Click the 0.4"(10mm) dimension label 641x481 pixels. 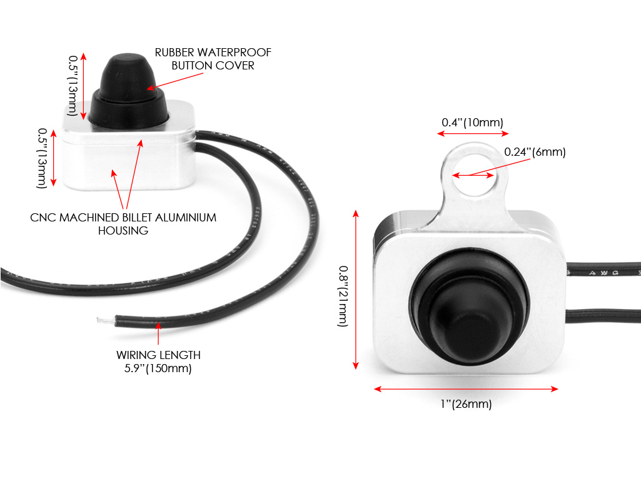click(472, 123)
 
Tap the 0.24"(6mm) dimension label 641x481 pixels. click(535, 152)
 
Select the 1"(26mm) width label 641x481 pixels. click(466, 403)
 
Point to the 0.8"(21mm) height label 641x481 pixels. click(343, 296)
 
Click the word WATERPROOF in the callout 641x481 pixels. click(235, 53)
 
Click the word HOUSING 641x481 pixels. click(123, 231)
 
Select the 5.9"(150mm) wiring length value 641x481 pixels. click(158, 368)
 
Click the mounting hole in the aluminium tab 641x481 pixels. click(473, 174)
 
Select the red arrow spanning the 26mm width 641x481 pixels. click(466, 389)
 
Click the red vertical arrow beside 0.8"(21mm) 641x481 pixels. click(356, 290)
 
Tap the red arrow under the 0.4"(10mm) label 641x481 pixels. click(473, 133)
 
